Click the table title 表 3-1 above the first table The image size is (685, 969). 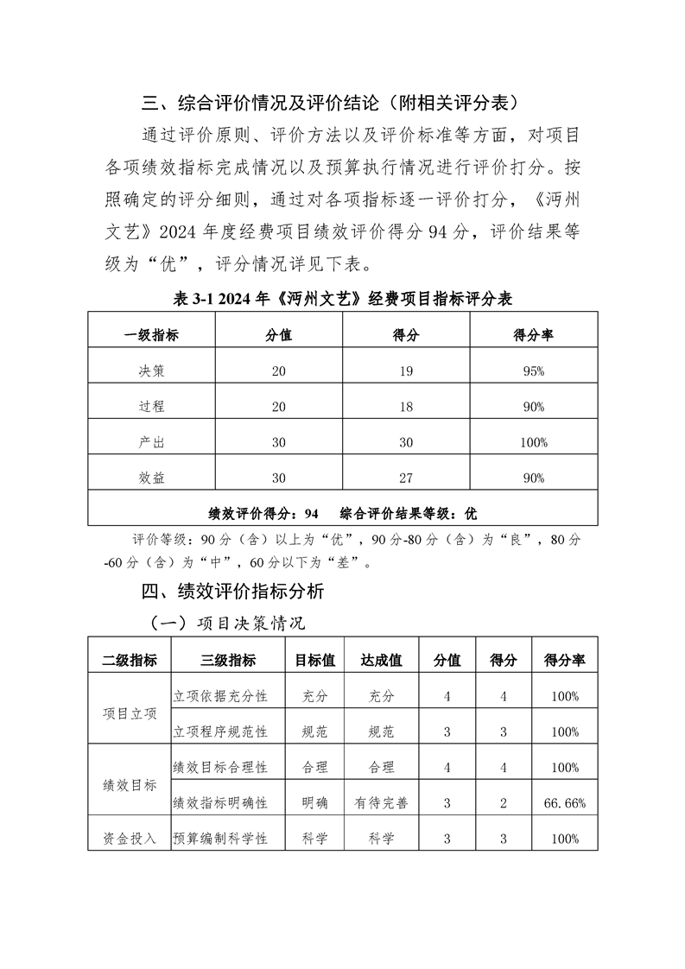(343, 299)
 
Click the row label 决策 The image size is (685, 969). (151, 371)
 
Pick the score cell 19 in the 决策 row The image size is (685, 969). (406, 371)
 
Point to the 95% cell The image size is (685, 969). (533, 371)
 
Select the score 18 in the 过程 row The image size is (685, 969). (406, 407)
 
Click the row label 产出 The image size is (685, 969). (151, 442)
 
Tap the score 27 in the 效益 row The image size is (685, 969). (406, 478)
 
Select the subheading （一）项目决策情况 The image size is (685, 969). (228, 624)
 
